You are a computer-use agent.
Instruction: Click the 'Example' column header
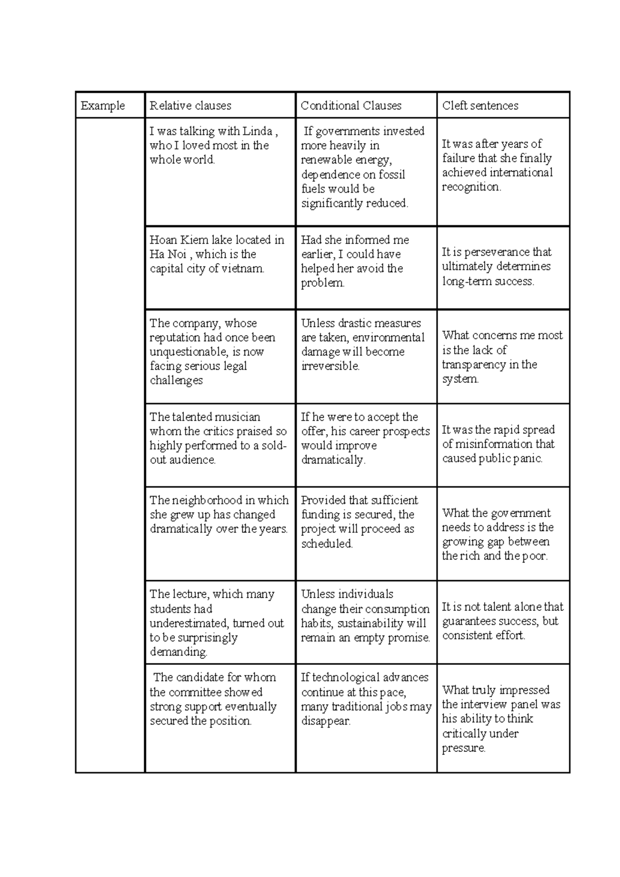point(103,105)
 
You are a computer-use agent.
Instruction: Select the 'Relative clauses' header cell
point(190,105)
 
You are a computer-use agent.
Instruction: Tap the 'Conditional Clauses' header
point(351,105)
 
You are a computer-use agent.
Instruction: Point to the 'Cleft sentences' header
point(480,105)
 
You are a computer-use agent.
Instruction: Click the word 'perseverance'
point(497,252)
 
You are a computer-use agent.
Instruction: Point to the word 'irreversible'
point(330,366)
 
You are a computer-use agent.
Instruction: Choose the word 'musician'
point(237,417)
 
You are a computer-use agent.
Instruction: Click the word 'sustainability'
point(369,624)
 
